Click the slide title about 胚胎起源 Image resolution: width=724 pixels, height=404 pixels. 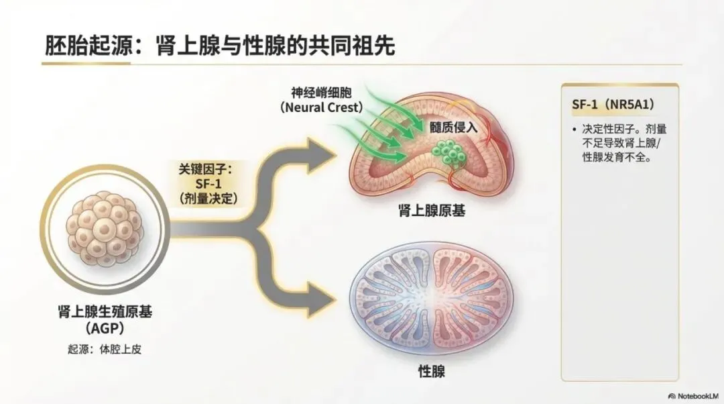tap(219, 45)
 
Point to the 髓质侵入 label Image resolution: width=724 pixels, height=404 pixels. tap(455, 125)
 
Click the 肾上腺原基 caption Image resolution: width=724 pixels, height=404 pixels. tap(431, 211)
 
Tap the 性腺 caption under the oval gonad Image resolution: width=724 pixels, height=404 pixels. tap(431, 371)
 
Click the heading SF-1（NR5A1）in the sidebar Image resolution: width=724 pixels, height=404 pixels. tap(609, 105)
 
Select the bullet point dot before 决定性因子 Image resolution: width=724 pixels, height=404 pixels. tap(575, 129)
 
